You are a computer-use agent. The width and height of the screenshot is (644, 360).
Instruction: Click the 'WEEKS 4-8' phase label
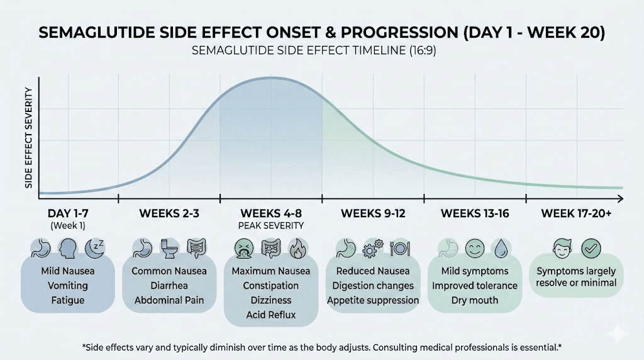point(271,213)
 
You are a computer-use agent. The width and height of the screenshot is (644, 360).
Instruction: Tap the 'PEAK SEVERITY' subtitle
point(271,225)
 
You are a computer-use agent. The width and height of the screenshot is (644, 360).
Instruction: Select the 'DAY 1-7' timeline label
point(68,213)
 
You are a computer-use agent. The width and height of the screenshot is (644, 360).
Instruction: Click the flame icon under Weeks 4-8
point(297,248)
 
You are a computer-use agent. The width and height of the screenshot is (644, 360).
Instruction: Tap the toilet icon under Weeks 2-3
point(169,248)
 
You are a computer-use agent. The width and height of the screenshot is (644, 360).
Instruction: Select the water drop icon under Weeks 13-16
point(499,248)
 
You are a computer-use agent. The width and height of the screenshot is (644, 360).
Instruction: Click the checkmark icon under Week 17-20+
point(590,247)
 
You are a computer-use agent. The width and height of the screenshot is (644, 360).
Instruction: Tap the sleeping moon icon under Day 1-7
point(94,248)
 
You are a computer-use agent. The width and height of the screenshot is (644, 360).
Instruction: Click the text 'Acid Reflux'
point(272,315)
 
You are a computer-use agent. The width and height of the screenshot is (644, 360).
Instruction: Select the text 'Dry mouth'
point(474,300)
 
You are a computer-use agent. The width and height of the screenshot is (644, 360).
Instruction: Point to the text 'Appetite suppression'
point(373,300)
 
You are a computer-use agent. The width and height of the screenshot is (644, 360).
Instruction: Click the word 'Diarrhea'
point(169,286)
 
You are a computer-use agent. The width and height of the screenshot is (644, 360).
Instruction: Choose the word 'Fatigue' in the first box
point(68,300)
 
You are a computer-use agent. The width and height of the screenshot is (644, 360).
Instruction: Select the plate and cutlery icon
point(399,248)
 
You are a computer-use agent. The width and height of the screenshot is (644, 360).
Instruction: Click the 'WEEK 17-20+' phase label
point(576,213)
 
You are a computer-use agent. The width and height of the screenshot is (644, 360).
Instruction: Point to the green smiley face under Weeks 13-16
point(474,248)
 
